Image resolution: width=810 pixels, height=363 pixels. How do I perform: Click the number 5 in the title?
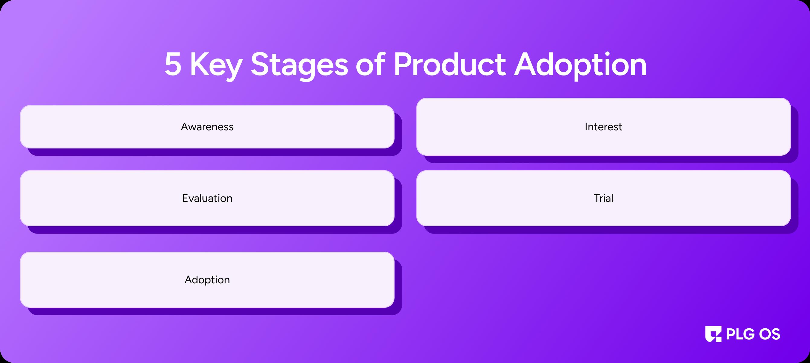point(173,65)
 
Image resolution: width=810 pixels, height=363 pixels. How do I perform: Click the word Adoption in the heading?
point(580,66)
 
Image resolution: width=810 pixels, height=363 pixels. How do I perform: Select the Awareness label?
point(207,127)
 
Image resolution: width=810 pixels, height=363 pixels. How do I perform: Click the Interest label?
point(603,127)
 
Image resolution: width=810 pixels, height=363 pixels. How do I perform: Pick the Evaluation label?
point(207,198)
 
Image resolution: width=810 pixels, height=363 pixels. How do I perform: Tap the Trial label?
point(603,198)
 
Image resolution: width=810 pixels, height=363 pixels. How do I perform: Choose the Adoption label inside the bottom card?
point(207,280)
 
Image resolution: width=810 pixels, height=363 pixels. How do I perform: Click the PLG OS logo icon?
point(713,334)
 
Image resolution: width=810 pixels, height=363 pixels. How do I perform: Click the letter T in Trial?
point(597,198)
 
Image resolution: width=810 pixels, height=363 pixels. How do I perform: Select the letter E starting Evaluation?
point(185,198)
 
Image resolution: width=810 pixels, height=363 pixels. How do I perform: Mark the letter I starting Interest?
point(586,127)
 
